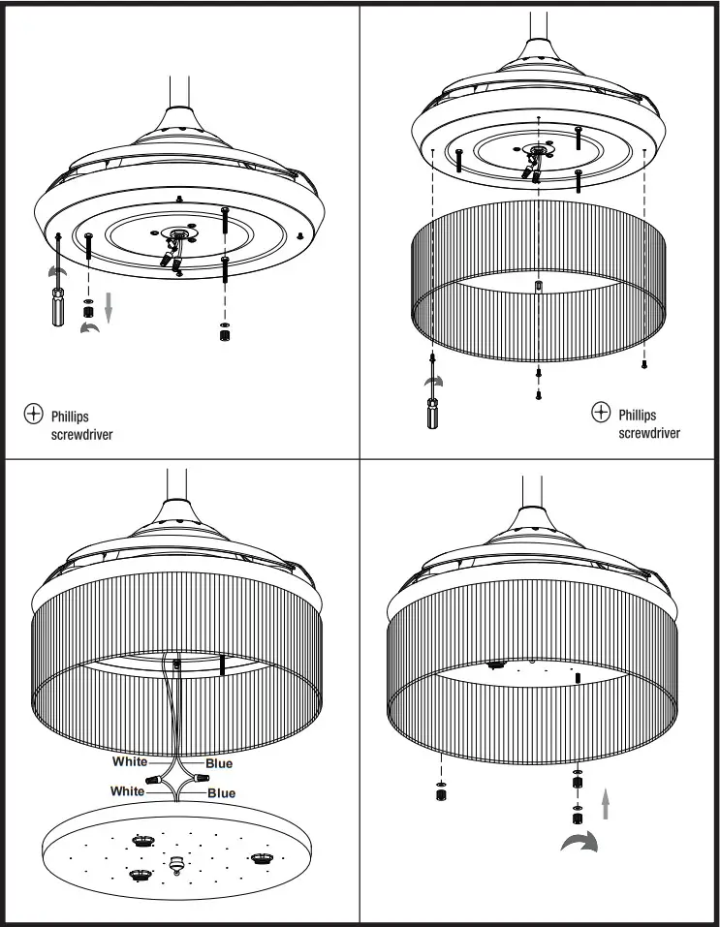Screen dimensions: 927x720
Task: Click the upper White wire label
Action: (x=129, y=761)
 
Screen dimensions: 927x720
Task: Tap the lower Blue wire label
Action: (x=221, y=793)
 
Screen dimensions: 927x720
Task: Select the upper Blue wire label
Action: (x=219, y=763)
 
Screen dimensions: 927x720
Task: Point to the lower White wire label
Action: (x=127, y=791)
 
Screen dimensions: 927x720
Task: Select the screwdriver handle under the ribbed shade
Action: (x=431, y=416)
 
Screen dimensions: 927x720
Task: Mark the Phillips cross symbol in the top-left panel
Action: (x=33, y=416)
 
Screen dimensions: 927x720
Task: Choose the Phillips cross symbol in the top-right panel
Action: (x=601, y=414)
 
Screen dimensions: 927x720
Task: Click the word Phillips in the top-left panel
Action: (x=70, y=417)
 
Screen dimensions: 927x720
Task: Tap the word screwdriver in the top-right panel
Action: (x=649, y=432)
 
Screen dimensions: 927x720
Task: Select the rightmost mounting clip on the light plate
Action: (x=261, y=856)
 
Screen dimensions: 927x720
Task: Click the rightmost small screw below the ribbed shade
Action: (x=643, y=364)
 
